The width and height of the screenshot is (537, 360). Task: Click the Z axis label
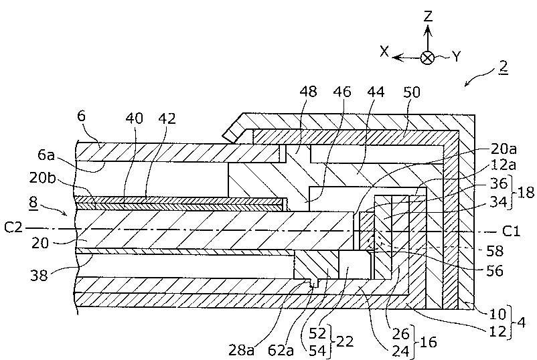428,17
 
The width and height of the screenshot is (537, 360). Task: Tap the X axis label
385,52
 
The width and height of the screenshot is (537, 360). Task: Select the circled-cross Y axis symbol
427,58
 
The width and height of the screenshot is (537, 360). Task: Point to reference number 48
308,92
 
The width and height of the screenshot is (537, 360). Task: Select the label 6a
46,156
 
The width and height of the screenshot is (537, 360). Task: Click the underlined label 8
33,202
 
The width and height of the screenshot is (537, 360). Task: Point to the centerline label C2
13,228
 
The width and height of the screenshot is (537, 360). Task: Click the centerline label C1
511,232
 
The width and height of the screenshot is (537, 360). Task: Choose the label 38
38,275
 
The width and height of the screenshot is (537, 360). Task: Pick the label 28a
242,351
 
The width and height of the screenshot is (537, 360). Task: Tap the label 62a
281,351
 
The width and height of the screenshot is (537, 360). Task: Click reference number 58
495,252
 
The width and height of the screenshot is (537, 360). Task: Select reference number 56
495,271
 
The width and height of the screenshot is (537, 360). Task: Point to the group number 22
345,341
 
